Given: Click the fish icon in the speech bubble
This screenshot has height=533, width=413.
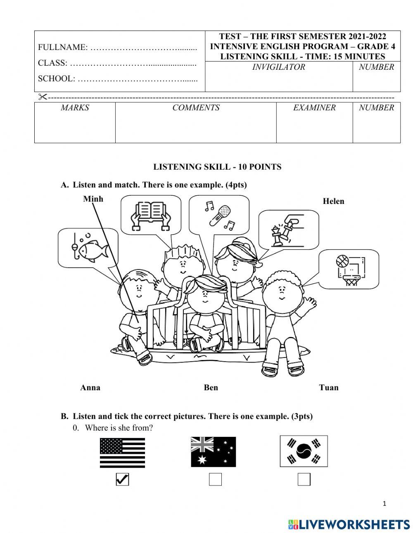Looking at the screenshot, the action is coord(93,249).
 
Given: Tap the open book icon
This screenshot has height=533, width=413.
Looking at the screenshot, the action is coord(150,215).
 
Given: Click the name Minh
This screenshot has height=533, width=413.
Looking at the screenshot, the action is coord(93,199).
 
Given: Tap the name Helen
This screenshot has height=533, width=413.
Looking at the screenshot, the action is coord(333,201).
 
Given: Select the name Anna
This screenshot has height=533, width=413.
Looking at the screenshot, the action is coord(90,387).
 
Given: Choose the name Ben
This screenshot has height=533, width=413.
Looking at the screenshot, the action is coord(211,387).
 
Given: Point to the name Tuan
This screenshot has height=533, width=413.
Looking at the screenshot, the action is coord(329,387).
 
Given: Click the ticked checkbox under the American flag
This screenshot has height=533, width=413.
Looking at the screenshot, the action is coord(122,479).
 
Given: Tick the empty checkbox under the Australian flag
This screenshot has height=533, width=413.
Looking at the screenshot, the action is coord(215,479).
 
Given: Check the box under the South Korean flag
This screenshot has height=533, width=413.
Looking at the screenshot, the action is coord(304,479).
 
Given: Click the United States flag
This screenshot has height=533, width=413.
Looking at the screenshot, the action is coord(123,452).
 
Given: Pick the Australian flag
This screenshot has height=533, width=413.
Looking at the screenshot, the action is coord(213,452).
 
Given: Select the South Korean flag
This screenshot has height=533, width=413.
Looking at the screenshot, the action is coord(304,451).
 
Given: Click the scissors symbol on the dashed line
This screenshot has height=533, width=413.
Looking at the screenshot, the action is coord(43,97).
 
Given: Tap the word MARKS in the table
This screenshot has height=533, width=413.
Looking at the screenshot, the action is coord(75,108).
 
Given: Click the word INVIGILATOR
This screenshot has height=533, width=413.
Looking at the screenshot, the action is coord(279,67).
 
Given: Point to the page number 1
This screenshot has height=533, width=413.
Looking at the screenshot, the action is coord(385,503).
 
